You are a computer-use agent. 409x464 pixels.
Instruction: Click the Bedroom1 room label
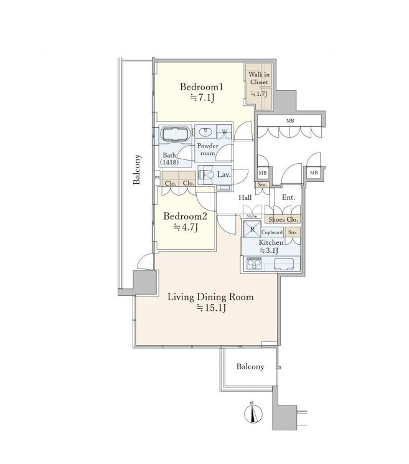click(x=202, y=87)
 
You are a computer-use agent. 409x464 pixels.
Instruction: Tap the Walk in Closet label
click(x=259, y=78)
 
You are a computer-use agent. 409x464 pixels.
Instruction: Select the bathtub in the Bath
click(x=176, y=134)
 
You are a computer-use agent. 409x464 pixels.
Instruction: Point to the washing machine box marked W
click(x=225, y=131)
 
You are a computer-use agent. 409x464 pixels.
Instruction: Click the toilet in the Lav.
click(x=207, y=174)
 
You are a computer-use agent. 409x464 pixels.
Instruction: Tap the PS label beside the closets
click(x=157, y=178)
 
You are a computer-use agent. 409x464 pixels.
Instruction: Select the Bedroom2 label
click(x=185, y=216)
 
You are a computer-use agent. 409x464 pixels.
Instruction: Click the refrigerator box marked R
click(x=252, y=229)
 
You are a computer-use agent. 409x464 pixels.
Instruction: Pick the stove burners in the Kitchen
click(x=254, y=263)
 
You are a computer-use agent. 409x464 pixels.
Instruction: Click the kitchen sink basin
click(x=284, y=264)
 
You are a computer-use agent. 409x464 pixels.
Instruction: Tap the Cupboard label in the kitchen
click(x=272, y=232)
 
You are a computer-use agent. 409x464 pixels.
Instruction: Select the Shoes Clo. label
click(x=283, y=220)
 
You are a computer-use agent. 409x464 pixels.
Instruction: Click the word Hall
click(x=245, y=197)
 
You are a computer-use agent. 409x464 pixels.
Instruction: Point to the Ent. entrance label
click(x=288, y=197)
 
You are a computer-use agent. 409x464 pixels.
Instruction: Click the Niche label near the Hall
click(x=252, y=216)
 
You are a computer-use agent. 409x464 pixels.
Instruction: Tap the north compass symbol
click(x=253, y=413)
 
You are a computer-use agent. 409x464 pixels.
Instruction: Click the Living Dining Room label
click(x=210, y=297)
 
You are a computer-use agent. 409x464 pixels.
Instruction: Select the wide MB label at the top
click(x=290, y=121)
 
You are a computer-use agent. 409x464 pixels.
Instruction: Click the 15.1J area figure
click(x=212, y=308)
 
